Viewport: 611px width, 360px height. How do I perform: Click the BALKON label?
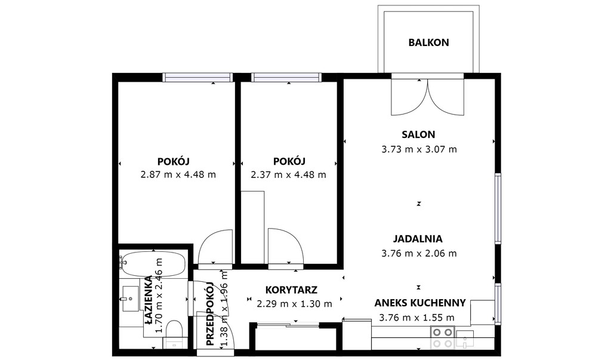click(428, 42)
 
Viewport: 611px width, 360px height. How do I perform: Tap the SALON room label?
click(418, 134)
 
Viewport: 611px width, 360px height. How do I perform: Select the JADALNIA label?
click(418, 239)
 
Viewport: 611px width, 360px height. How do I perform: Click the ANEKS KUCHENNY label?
click(420, 303)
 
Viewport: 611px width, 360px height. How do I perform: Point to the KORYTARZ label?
click(291, 290)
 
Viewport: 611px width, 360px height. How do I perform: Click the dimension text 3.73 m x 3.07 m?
click(419, 149)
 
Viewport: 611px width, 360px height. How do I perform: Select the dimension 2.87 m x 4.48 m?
click(178, 174)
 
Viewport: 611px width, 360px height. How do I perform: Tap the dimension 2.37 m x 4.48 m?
click(288, 174)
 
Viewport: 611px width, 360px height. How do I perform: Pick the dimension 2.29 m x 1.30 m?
click(295, 303)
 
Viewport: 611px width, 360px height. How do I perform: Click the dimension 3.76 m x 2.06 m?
click(419, 253)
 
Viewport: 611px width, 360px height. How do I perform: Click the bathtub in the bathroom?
click(153, 264)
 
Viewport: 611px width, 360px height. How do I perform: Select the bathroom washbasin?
click(130, 299)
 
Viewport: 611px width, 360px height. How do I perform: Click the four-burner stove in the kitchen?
click(443, 337)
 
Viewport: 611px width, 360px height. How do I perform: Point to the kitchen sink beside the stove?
click(465, 339)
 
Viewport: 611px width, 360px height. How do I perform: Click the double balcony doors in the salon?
click(427, 97)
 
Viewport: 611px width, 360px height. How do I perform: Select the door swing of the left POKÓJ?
click(215, 247)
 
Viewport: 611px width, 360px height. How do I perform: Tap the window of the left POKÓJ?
click(198, 77)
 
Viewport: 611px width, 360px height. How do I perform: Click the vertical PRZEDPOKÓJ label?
click(210, 314)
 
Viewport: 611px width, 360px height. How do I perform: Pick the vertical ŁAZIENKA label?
click(148, 300)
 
